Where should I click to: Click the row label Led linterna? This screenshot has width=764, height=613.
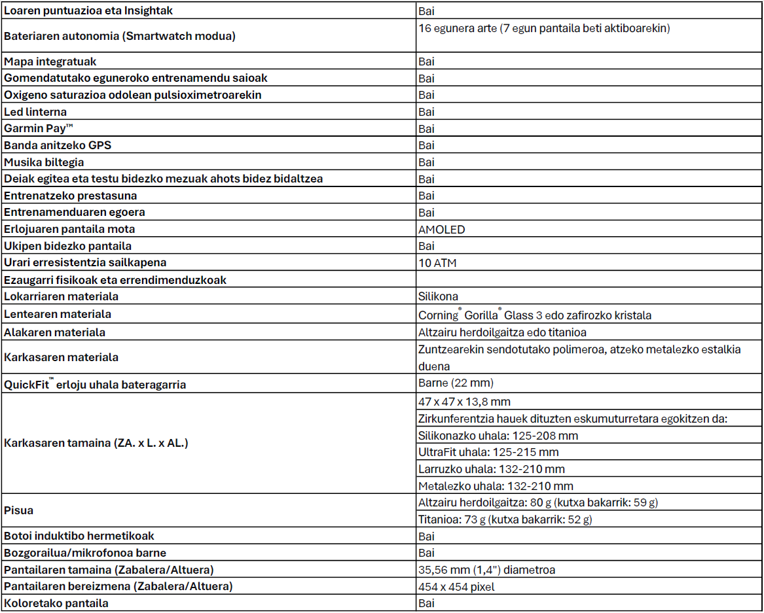pos(35,112)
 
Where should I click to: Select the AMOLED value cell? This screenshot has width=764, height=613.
pos(442,230)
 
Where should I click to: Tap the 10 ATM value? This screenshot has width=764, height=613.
pos(437,263)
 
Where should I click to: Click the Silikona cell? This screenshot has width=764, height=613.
pos(438,296)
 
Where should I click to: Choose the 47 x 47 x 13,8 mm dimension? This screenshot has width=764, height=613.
pos(464,402)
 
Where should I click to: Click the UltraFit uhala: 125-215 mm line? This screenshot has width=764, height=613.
pos(488,452)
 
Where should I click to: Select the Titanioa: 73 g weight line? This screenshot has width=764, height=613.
pos(505,519)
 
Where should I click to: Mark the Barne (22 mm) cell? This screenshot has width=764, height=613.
pos(456,383)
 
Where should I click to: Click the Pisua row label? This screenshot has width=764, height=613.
pos(18,510)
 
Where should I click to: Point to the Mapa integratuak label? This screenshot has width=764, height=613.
pos(50,61)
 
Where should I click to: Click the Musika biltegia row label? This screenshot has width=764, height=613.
pos(44,162)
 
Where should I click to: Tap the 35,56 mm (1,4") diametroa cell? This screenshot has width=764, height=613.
pos(486,570)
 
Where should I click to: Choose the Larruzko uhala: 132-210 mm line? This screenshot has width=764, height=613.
pos(491,469)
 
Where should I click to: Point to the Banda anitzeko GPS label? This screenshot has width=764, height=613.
pos(53,145)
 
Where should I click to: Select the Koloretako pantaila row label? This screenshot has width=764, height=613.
pos(56,603)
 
